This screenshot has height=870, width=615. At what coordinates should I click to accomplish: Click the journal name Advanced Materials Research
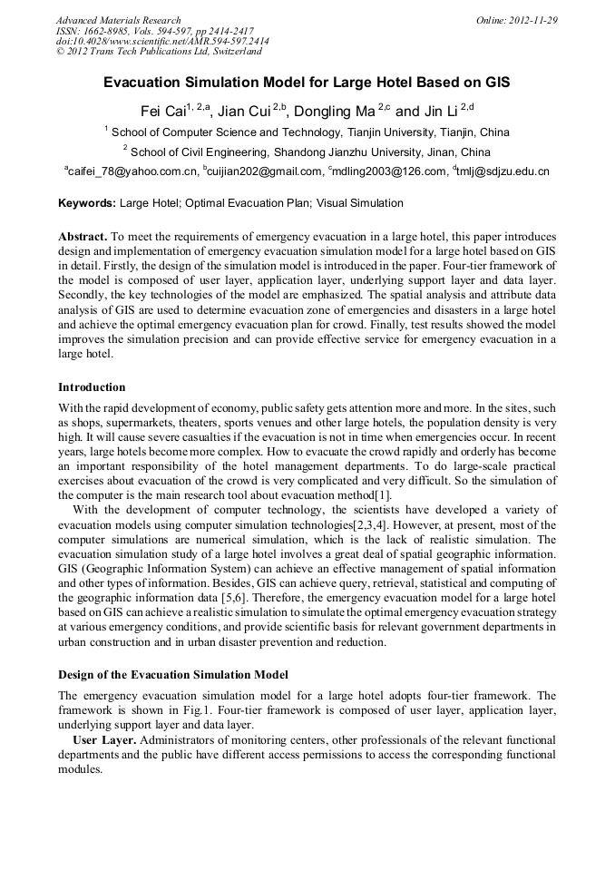pos(118,19)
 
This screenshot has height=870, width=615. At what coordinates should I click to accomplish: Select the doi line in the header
pos(162,41)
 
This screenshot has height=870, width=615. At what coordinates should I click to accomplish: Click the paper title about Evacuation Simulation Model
pos(307,83)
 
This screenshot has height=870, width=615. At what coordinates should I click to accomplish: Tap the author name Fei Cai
pos(161,112)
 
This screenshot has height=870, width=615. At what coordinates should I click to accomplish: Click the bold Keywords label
pos(86,203)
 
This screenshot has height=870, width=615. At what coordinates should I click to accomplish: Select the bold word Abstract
pos(83,236)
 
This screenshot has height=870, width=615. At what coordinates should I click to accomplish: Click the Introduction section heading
pos(92,387)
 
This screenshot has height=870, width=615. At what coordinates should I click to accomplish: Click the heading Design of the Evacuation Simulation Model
pos(172,675)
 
